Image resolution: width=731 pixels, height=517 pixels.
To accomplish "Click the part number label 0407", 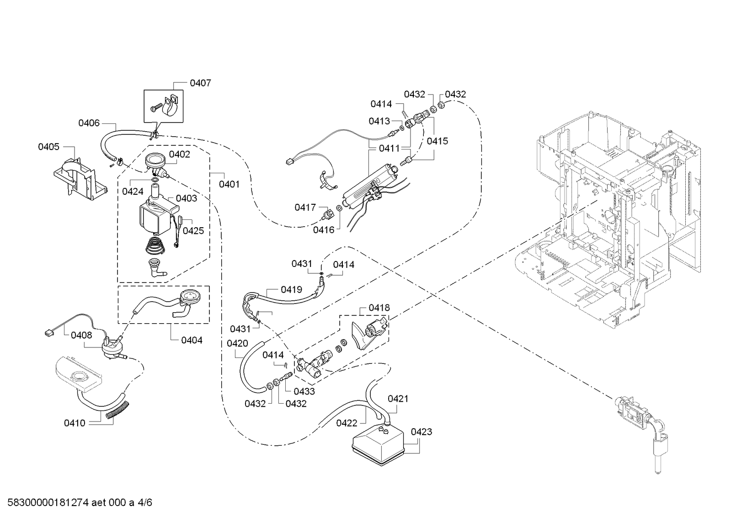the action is tap(200, 83).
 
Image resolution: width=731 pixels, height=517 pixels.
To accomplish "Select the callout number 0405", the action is tap(48, 147).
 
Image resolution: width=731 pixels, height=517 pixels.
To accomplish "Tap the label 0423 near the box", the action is tap(422, 432).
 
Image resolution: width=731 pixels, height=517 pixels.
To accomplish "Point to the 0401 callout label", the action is tap(229, 184).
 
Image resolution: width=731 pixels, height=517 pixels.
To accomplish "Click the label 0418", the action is tap(379, 308).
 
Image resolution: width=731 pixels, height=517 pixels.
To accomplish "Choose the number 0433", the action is tap(304, 391).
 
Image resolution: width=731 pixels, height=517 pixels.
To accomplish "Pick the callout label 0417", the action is tap(305, 207).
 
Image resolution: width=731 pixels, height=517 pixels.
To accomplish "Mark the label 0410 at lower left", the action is tap(75, 423).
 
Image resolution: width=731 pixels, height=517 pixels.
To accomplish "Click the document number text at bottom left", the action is tap(80, 502).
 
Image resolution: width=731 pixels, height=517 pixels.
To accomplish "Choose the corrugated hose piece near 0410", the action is tap(117, 411).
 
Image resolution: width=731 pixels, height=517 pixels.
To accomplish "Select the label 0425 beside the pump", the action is tap(193, 231).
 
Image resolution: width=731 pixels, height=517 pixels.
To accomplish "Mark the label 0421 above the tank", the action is tap(398, 399).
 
